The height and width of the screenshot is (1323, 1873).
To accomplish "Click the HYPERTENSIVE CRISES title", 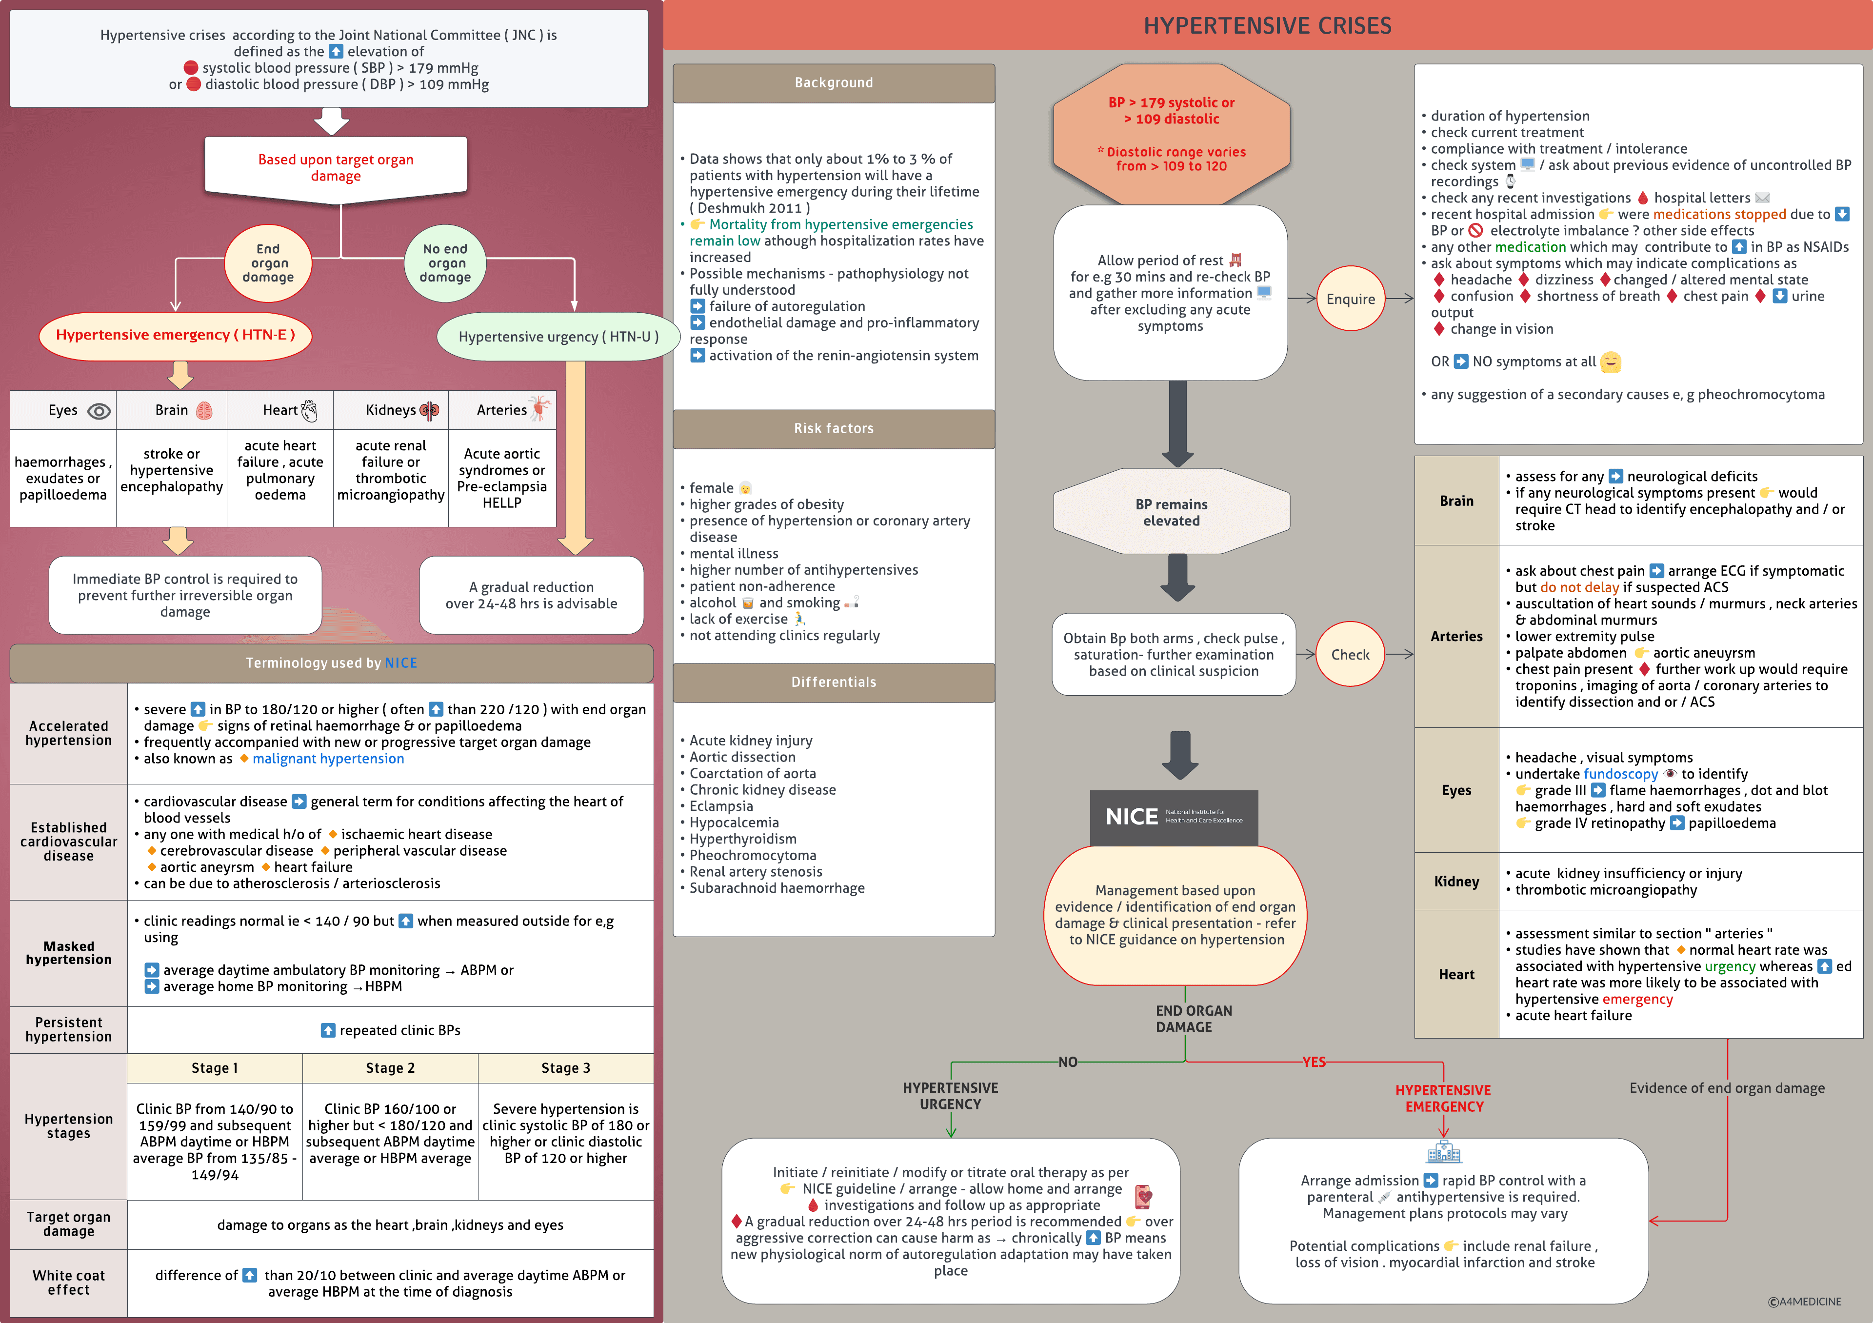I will [1267, 26].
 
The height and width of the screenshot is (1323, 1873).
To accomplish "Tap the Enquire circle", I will [1350, 299].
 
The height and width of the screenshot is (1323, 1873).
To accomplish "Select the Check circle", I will [1350, 654].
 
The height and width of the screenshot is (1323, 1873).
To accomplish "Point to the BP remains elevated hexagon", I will [1172, 512].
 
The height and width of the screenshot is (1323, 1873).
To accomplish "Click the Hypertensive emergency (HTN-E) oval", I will [176, 335].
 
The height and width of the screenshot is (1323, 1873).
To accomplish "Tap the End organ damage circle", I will [268, 262].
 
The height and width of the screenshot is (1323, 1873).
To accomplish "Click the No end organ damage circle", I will [445, 262].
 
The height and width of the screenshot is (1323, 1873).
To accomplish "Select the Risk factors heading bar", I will [833, 428].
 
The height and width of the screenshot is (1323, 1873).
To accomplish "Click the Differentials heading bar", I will [833, 682].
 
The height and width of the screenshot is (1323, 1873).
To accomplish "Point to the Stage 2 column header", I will [390, 1068].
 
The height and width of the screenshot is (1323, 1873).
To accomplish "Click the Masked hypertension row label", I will [68, 953].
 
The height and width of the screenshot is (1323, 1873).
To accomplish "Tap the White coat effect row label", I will [68, 1282].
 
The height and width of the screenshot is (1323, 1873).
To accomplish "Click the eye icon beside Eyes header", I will [99, 411].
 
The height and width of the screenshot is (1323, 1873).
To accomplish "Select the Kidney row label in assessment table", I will [1456, 881].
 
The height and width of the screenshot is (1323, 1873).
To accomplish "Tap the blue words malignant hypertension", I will [328, 759].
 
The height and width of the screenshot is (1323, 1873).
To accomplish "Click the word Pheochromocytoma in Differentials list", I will [752, 855].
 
